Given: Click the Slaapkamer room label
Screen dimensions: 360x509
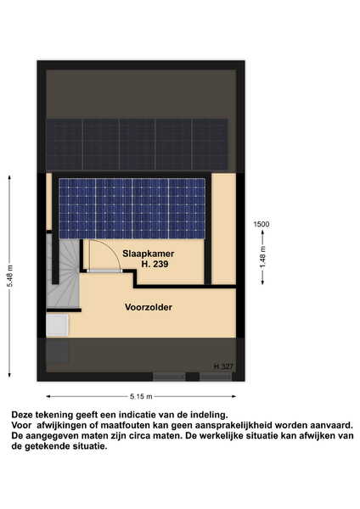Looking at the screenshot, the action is click(x=148, y=254).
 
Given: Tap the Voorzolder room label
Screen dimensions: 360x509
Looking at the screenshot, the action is click(x=149, y=307).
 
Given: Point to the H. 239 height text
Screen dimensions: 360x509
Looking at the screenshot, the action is click(x=155, y=264).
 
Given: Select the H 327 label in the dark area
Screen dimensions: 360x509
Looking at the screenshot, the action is click(x=223, y=366).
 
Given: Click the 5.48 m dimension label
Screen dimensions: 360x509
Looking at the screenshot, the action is click(x=10, y=276).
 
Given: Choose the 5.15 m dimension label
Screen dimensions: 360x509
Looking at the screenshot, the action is click(x=141, y=396).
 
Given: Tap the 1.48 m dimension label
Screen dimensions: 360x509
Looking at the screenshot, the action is click(x=263, y=257).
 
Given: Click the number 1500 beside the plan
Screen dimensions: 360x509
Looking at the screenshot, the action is click(x=262, y=224).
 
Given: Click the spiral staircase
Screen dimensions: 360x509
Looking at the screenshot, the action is click(x=63, y=272).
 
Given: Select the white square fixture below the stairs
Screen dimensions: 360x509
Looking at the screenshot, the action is click(x=58, y=325).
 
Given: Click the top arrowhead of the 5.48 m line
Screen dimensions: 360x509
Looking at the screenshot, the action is click(x=9, y=177).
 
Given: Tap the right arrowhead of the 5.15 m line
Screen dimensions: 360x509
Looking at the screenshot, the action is click(x=233, y=396).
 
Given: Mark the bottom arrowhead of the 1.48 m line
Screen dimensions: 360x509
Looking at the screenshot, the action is click(x=263, y=282).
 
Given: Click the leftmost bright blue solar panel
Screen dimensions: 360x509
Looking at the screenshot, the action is click(x=77, y=209).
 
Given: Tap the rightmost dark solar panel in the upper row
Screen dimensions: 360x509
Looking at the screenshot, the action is click(x=210, y=145).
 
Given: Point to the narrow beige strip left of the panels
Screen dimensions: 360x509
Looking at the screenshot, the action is click(x=49, y=202).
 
